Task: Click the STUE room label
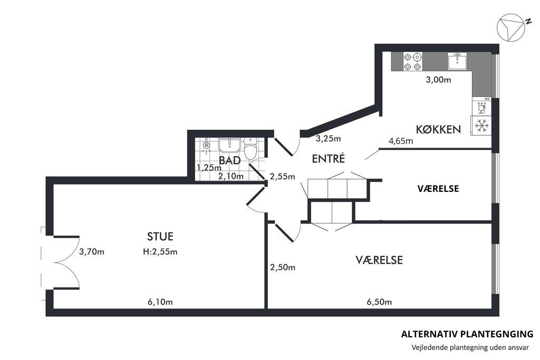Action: [x=160, y=237]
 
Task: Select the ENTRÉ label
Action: [x=328, y=158]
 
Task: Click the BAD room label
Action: [x=230, y=160]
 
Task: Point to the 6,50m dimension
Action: [x=379, y=302]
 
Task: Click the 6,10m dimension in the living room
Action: [x=160, y=302]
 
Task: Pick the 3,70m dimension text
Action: [x=92, y=251]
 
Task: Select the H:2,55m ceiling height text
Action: [x=160, y=251]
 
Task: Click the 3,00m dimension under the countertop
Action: [x=438, y=80]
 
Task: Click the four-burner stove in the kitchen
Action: [x=412, y=61]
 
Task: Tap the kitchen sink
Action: [x=457, y=61]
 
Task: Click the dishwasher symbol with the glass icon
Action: [x=481, y=106]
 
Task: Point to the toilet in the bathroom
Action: [x=250, y=148]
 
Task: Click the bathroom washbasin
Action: [x=230, y=145]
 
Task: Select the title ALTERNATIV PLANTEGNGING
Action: [x=467, y=334]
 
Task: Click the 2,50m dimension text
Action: [x=283, y=267]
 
